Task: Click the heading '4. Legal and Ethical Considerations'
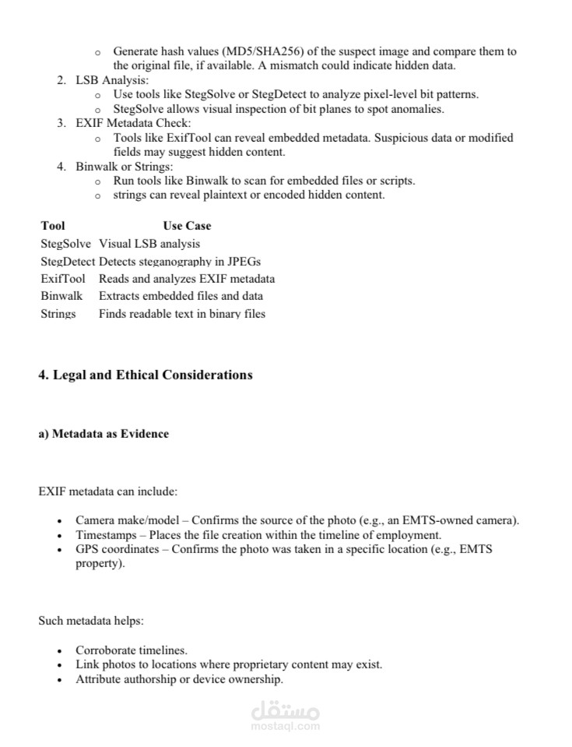pos(146,375)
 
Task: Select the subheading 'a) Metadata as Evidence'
pos(104,434)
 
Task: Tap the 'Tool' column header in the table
pos(53,226)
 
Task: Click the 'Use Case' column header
pos(187,226)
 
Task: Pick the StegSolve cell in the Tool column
pos(65,244)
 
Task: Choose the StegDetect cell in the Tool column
pos(68,262)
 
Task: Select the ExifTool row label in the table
pos(63,279)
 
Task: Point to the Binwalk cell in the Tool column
pos(61,296)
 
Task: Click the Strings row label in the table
pos(58,314)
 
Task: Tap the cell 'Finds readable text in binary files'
pos(182,314)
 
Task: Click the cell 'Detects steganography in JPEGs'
pos(180,262)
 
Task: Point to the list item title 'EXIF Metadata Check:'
pos(133,123)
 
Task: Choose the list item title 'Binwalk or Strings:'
pos(125,167)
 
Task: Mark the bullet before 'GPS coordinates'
pos(60,550)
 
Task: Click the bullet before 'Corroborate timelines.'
pos(60,650)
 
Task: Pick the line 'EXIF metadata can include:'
pos(107,492)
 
